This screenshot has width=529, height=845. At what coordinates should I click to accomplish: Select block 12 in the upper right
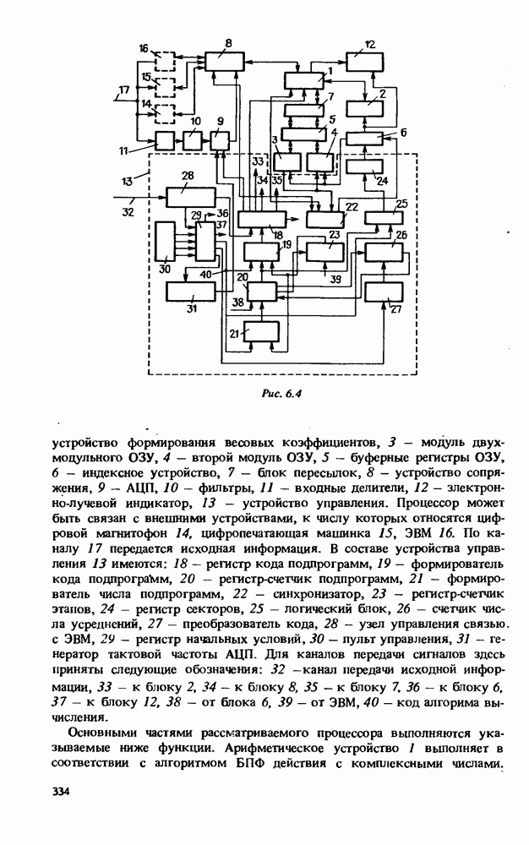pos(365,60)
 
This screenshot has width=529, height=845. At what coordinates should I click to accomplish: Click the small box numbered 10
pos(194,140)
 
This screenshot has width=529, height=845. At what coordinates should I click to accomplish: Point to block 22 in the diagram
pos(325,219)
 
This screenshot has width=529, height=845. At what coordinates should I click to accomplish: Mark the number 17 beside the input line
pos(123,89)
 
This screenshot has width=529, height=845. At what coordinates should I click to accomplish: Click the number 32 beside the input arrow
pos(127,212)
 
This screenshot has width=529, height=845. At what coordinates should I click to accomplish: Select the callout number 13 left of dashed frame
pos(128,181)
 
